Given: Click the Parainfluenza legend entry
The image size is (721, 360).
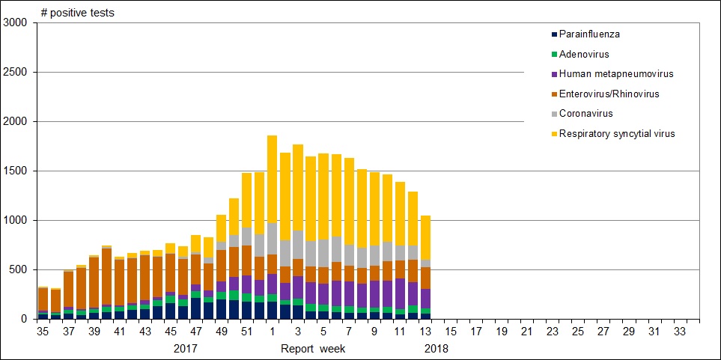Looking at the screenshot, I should pyautogui.click(x=589, y=34).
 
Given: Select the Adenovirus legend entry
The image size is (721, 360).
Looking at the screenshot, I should pyautogui.click(x=584, y=54).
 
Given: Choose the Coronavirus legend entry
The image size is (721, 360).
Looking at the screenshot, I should pyautogui.click(x=585, y=114).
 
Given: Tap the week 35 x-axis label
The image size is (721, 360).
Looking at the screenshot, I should pyautogui.click(x=43, y=331).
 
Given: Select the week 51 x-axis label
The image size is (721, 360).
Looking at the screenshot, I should pyautogui.click(x=247, y=331).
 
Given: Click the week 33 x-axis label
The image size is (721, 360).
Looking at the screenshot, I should pyautogui.click(x=680, y=331).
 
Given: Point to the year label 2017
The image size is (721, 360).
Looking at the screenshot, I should pyautogui.click(x=185, y=348).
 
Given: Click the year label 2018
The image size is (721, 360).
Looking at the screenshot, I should pyautogui.click(x=436, y=348).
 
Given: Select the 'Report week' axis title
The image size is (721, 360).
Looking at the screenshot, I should pyautogui.click(x=314, y=348).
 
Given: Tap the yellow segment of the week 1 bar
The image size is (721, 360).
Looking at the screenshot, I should pyautogui.click(x=272, y=179).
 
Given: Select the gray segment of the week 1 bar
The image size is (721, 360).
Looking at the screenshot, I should pyautogui.click(x=272, y=239).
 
